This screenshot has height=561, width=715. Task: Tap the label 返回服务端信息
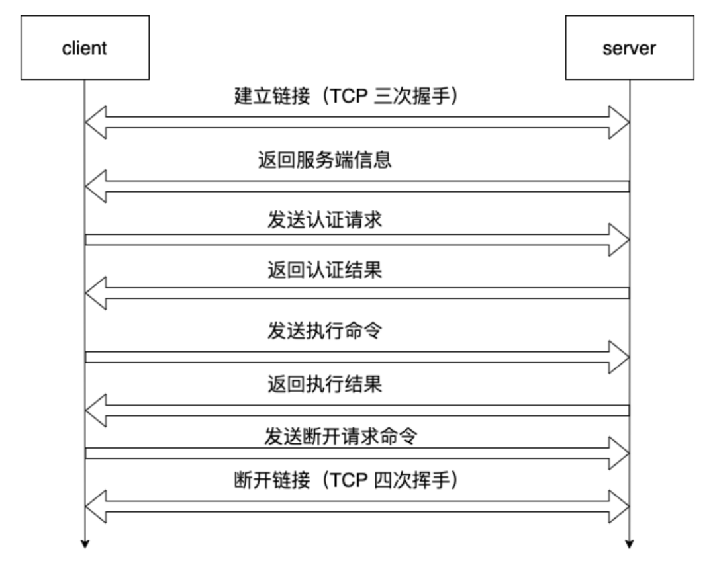(324, 161)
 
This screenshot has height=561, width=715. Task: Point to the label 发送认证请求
(325, 221)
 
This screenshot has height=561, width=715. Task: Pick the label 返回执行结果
(324, 384)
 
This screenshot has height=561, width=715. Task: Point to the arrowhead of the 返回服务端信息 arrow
(96, 186)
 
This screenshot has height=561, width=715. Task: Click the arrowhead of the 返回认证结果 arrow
(96, 293)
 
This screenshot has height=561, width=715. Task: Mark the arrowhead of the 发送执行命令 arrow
(618, 357)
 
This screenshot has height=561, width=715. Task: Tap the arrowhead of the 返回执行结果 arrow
(96, 410)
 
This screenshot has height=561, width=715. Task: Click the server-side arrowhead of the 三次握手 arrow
(618, 122)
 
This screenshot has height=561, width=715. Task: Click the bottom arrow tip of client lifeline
(85, 544)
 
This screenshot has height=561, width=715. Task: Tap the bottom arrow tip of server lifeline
(629, 544)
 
